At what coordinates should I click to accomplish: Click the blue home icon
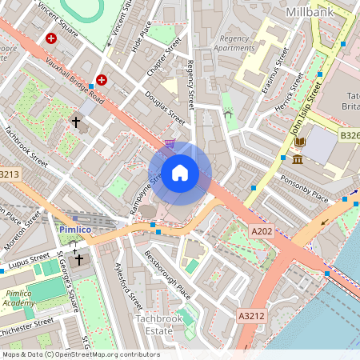point(180,173)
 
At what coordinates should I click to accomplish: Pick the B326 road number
point(350,136)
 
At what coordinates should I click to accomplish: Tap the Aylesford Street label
point(129,286)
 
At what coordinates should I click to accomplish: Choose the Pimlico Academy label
point(18,298)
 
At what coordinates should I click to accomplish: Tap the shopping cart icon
point(170,142)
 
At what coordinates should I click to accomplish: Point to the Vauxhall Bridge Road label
point(76,81)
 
